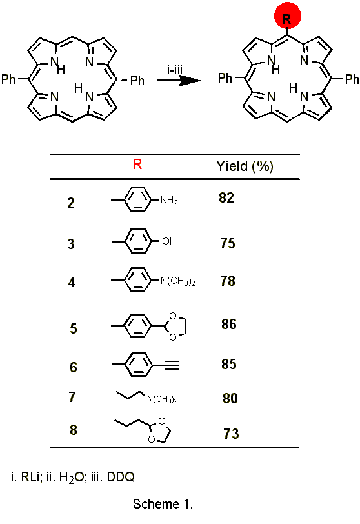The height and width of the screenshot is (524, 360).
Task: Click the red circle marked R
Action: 288,15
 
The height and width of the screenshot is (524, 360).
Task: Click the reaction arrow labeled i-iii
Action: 179,80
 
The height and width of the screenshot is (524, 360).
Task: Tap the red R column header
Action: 137,165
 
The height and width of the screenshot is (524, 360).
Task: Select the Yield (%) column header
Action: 245,166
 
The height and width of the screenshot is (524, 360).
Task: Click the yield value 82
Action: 226,198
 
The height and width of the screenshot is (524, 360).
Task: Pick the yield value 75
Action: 228,243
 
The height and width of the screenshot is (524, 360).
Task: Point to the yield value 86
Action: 229,324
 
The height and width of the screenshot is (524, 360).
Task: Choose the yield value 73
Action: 231,434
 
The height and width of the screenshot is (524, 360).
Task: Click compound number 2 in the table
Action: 71,203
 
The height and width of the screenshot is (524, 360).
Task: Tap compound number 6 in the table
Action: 74,367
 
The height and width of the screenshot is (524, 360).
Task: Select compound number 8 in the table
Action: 74,430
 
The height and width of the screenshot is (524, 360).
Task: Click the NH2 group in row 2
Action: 169,201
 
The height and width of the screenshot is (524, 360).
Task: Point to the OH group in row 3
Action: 169,241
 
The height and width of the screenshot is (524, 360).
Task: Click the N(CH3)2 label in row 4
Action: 177,281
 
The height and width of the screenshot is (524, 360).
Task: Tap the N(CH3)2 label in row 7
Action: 163,399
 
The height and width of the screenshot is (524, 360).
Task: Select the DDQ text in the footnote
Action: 121,477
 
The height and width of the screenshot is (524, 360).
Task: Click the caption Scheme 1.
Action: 163,504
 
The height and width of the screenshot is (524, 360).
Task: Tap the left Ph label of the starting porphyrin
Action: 8,79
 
